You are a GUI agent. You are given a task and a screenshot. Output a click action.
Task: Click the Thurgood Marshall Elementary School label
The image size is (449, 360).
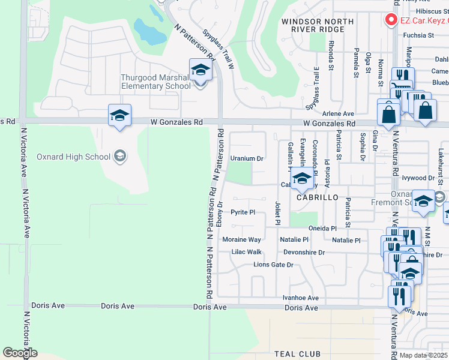pos(155,82)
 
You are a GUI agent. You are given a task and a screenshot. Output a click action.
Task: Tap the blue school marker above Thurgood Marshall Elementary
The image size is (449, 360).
pos(200,70)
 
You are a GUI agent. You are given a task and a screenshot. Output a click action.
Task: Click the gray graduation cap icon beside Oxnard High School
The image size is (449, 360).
pos(120,157)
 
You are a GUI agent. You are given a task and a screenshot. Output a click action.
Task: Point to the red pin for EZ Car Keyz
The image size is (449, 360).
pos(391,19)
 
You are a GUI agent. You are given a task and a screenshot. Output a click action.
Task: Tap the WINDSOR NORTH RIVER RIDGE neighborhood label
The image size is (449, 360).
pos(318,25)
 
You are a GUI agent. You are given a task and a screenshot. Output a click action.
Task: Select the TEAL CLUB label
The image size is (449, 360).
pos(297,354)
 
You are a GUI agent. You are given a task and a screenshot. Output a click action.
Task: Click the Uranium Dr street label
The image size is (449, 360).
pos(247,158)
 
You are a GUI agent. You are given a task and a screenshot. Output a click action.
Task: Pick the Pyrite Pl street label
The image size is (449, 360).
pos(244,212)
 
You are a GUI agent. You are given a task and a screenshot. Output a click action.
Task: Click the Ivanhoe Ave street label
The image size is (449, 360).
pos(301,298)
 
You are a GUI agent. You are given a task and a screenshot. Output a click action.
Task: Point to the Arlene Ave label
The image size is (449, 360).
pos(338,113)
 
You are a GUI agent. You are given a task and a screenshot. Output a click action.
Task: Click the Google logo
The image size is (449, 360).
pos(20,353)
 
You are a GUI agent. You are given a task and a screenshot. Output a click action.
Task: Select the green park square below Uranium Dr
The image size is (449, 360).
pos(241,174)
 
